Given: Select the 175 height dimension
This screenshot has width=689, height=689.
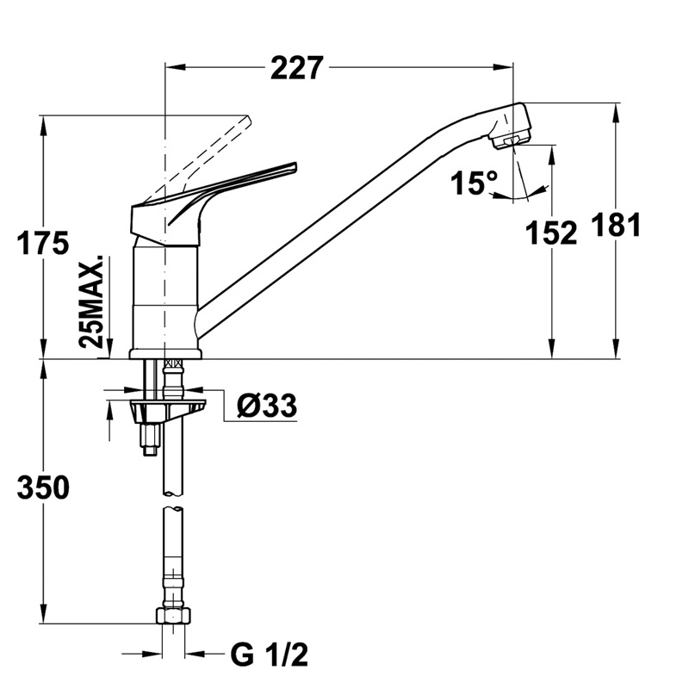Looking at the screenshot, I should (x=43, y=244).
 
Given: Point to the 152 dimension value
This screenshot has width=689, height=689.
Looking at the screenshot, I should (x=552, y=233).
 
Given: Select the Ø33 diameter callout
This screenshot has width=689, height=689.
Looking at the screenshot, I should (x=265, y=404).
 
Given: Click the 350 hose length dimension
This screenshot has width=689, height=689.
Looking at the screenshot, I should (x=43, y=487).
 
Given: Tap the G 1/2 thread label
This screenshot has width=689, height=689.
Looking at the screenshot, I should (x=269, y=655).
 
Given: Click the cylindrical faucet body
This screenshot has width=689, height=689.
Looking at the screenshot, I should (x=165, y=293).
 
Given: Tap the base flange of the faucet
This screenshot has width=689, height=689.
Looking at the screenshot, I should (x=165, y=353).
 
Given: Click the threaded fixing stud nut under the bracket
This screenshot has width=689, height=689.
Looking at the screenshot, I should (x=150, y=439).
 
